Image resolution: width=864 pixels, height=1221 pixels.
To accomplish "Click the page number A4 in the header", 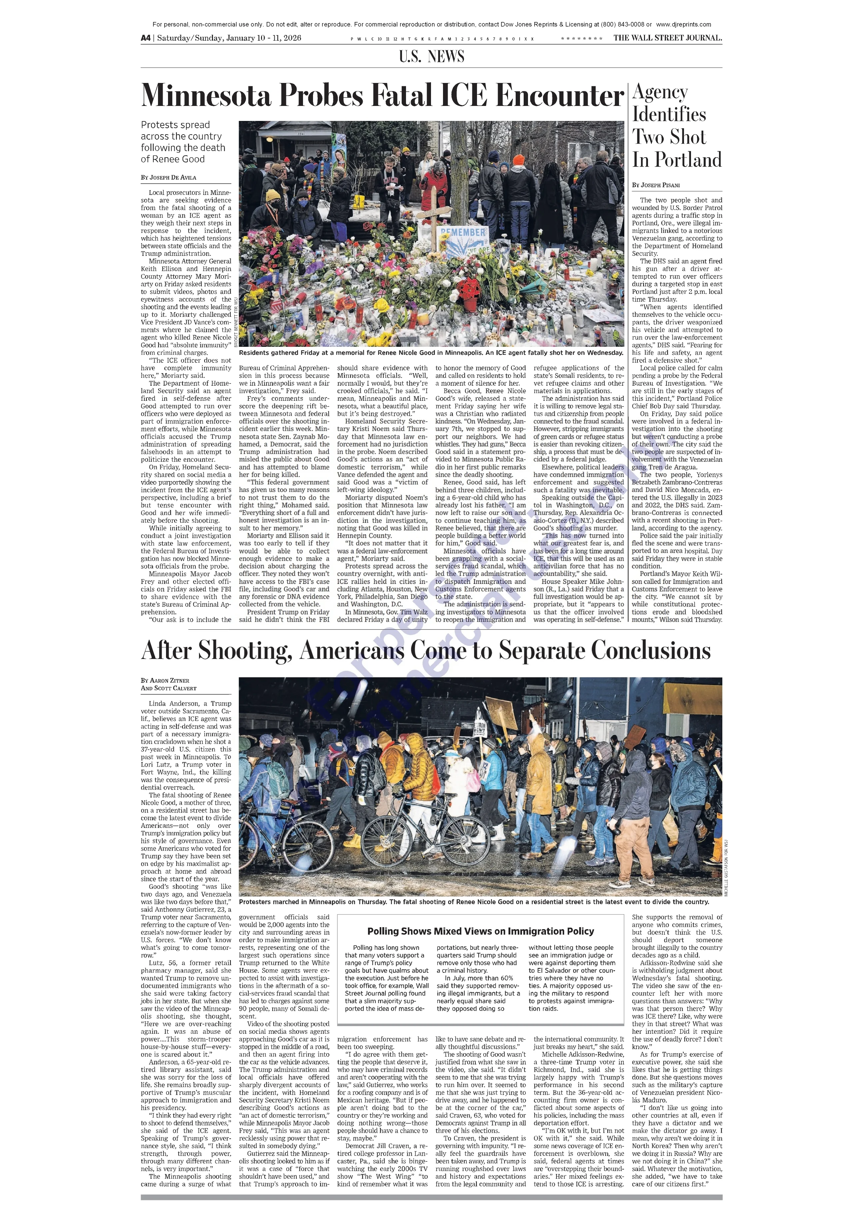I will coord(146,38).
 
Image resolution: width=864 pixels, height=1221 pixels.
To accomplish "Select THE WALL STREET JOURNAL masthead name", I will coord(667,38).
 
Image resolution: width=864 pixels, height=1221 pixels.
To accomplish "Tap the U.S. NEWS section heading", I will coord(431,56).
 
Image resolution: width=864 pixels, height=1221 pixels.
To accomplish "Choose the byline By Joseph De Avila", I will coord(169,178).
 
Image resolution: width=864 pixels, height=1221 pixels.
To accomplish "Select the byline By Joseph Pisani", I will coord(656,185).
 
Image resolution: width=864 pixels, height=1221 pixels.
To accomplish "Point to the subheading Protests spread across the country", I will coord(182,142).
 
